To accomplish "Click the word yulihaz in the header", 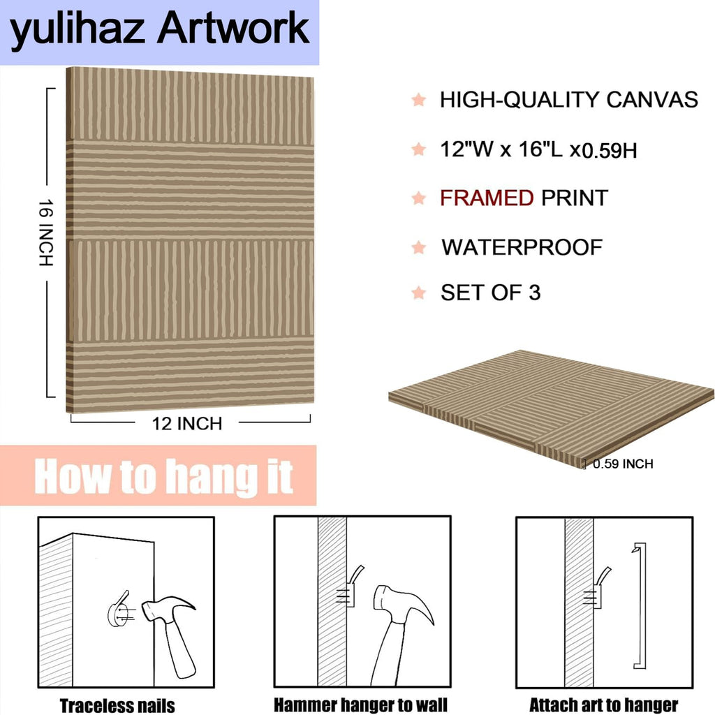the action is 77,30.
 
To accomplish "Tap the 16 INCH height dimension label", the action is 45,233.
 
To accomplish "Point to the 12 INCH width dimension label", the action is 187,424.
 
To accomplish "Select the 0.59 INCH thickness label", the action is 623,464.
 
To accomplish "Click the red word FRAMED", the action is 487,198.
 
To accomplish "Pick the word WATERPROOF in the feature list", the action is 522,247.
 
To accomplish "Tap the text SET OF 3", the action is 490,293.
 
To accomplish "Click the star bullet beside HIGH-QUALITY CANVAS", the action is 419,99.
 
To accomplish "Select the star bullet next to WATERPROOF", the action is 419,247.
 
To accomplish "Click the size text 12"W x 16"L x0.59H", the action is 538,149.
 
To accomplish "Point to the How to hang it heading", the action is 163,476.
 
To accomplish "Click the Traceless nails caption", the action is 117,705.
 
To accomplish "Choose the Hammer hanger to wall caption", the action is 360,705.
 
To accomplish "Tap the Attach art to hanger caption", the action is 604,705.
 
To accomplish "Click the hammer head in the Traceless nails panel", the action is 167,609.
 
